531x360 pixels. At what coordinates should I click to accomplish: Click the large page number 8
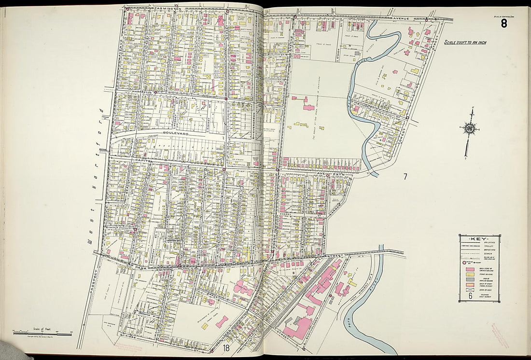(503, 23)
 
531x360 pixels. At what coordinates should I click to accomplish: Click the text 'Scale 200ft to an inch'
(465, 42)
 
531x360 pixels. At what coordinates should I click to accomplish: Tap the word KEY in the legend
(479, 239)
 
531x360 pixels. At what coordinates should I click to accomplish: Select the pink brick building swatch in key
(469, 268)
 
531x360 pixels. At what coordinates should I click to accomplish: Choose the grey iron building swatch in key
(469, 279)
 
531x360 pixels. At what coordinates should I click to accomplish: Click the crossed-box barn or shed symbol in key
(469, 291)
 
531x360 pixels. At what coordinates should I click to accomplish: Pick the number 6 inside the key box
(470, 296)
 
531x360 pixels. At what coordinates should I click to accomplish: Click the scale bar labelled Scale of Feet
(42, 333)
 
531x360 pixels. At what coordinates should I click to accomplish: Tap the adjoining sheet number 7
(405, 177)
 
